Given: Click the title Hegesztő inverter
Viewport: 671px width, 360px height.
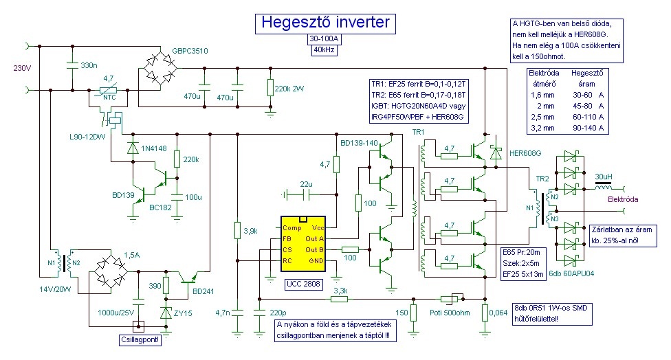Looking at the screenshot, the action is coord(325,22).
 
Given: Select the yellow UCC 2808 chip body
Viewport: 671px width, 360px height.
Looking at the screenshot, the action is coord(303,244).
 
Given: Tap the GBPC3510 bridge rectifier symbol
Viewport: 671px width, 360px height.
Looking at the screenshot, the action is coord(159,69).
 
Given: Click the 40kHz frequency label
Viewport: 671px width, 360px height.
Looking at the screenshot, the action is coord(324,50).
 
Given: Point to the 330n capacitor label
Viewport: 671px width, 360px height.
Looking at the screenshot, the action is coord(89,65).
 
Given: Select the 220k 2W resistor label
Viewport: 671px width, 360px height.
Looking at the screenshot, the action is coord(289,89).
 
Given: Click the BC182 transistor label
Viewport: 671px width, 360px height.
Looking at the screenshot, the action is coord(160,207).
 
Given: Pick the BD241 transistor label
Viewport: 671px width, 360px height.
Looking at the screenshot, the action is coord(203,291).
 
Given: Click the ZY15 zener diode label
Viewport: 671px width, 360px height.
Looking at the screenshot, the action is coord(183,313).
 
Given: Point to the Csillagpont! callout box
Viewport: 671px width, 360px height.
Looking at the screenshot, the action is coord(140,340).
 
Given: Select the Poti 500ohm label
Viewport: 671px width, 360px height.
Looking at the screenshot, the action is coord(450,313).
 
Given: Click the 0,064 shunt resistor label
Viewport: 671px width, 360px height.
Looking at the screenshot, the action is coord(498,313).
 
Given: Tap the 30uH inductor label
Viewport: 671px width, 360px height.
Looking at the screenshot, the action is coord(604,177).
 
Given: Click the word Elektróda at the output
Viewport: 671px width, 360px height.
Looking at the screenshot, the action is coord(623,199).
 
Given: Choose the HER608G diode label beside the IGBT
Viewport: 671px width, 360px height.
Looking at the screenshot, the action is coord(525,153).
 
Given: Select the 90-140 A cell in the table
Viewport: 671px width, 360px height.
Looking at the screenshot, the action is coord(588,128).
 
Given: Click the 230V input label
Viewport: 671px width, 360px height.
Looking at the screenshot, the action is coord(23,68).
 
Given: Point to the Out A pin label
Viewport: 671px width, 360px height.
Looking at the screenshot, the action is coord(315,238).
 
